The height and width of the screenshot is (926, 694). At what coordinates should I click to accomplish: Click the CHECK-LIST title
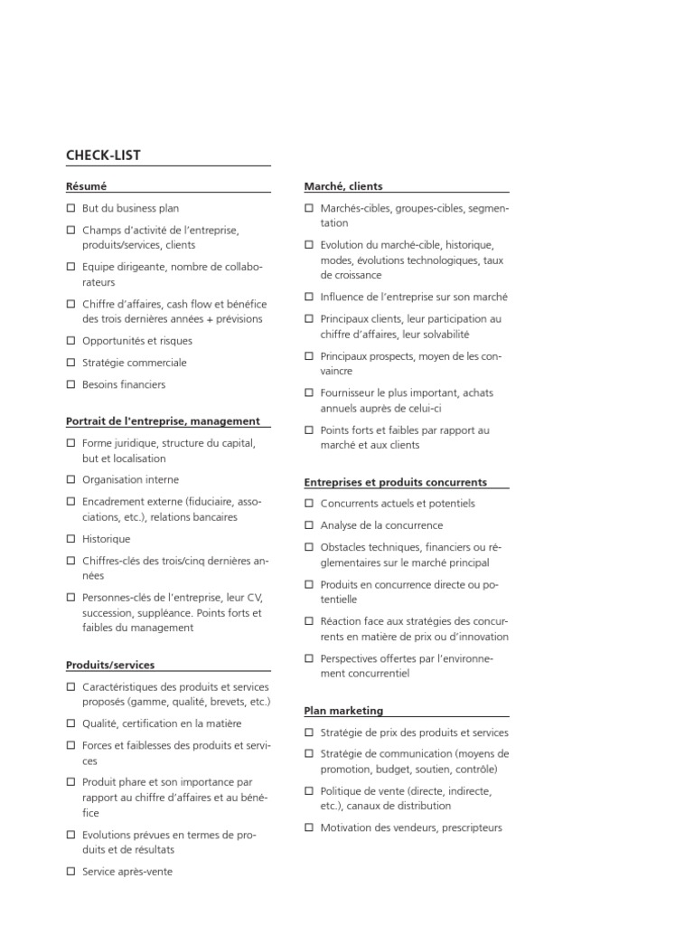[x=103, y=156]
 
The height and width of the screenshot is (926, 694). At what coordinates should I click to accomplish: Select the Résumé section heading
[x=86, y=186]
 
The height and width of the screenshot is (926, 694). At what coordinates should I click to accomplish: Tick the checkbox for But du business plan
[x=70, y=209]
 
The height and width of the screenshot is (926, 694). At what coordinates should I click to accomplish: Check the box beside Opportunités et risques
[x=70, y=341]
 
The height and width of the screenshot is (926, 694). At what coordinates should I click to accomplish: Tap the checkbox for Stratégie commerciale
[x=70, y=363]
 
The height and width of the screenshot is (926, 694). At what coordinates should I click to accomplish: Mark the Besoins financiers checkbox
[x=70, y=384]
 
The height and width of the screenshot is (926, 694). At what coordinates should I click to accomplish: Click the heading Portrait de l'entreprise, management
[x=163, y=420]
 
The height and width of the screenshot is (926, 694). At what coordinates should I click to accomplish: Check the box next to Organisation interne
[x=70, y=480]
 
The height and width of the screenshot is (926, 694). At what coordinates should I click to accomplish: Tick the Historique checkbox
[x=70, y=539]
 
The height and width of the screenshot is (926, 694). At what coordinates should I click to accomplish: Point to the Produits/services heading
[x=110, y=665]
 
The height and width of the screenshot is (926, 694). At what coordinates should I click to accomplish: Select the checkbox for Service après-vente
[x=70, y=872]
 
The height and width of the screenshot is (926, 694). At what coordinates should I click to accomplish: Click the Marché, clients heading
[x=343, y=186]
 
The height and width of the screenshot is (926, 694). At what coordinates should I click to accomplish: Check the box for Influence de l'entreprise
[x=309, y=297]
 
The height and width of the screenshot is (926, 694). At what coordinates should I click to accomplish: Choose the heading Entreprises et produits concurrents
[x=396, y=482]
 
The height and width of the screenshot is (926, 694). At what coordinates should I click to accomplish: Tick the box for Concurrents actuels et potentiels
[x=309, y=504]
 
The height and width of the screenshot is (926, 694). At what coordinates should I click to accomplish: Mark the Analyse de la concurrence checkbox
[x=309, y=525]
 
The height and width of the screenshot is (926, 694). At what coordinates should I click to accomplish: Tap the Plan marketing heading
[x=343, y=711]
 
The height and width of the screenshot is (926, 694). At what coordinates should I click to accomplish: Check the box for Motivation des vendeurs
[x=309, y=827]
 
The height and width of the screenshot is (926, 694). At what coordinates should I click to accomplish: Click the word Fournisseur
[x=349, y=393]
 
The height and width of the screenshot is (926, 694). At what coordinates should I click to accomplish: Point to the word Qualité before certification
[x=99, y=723]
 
